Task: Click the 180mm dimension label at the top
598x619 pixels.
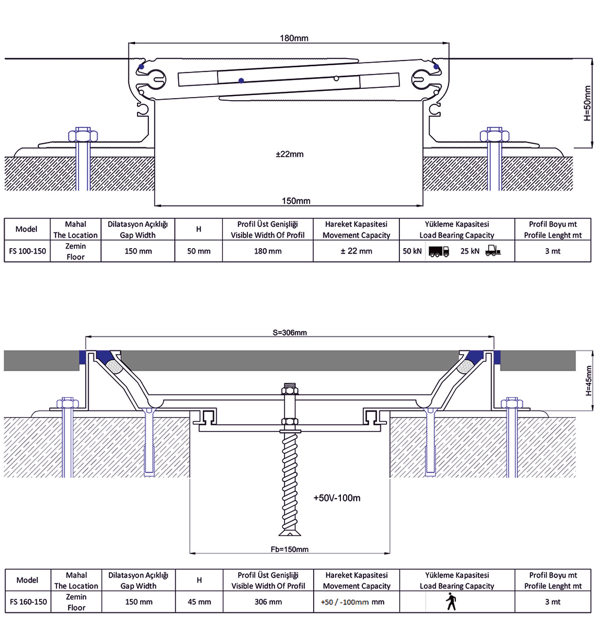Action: point(294,38)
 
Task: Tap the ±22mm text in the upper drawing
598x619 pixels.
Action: point(290,154)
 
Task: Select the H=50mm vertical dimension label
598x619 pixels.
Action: point(588,103)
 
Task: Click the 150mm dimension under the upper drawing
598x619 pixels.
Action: point(296,201)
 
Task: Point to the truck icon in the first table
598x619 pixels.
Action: point(438,251)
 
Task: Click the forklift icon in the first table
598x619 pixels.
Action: point(492,251)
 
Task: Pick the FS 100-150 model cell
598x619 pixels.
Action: point(27,251)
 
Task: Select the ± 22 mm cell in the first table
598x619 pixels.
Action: point(356,251)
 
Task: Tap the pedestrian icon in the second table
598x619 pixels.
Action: point(451,602)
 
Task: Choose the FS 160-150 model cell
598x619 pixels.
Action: point(28,602)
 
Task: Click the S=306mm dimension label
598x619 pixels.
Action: point(290,332)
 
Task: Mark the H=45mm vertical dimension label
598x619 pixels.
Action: point(589,381)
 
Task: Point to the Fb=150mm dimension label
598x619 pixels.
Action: point(290,549)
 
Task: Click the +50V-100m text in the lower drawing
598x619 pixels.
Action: point(337,498)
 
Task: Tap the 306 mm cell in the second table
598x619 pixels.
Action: point(268,602)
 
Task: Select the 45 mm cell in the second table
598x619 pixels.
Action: point(199,602)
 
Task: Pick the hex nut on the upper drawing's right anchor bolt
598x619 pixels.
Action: point(494,136)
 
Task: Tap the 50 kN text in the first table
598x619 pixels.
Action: point(412,251)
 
